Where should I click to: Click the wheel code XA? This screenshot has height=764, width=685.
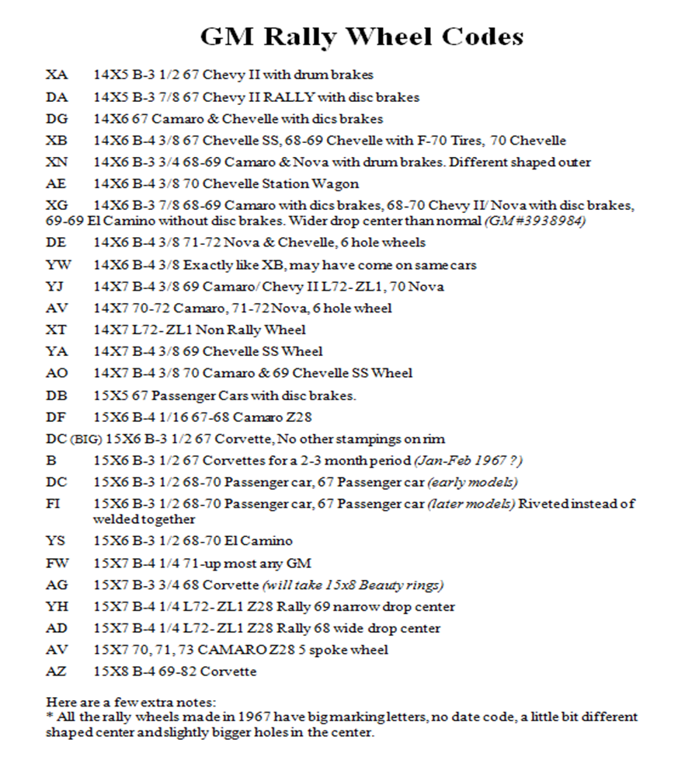(57, 75)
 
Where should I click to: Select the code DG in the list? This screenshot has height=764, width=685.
(57, 119)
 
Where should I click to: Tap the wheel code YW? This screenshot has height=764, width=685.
(57, 265)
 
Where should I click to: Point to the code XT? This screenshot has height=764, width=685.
(57, 330)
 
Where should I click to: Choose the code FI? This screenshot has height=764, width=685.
(54, 504)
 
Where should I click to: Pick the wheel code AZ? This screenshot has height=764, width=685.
(57, 671)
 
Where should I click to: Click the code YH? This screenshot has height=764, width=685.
(57, 606)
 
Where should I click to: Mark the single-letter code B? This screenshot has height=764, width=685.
(50, 460)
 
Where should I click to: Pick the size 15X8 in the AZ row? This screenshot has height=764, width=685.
(110, 671)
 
